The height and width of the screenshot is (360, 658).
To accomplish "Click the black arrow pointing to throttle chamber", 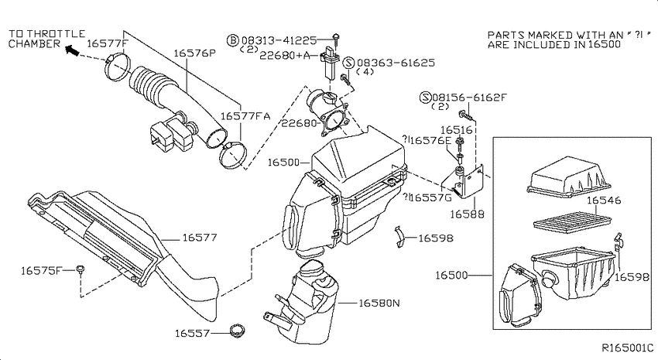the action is pyautogui.click(x=72, y=51).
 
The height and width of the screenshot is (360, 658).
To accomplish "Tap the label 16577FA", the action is pyautogui.click(x=245, y=116).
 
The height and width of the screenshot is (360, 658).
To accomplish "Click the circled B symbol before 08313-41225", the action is pyautogui.click(x=233, y=40).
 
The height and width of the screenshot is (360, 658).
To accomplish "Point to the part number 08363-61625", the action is pyautogui.click(x=396, y=63).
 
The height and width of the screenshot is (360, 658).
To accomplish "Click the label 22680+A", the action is pyautogui.click(x=285, y=56).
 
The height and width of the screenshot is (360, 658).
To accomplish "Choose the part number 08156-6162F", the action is pyautogui.click(x=469, y=98).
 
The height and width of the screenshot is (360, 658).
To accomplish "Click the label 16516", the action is pyautogui.click(x=456, y=130).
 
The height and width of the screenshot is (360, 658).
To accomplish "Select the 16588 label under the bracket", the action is pyautogui.click(x=467, y=214).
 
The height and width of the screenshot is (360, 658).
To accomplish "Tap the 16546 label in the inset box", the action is pyautogui.click(x=604, y=201).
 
